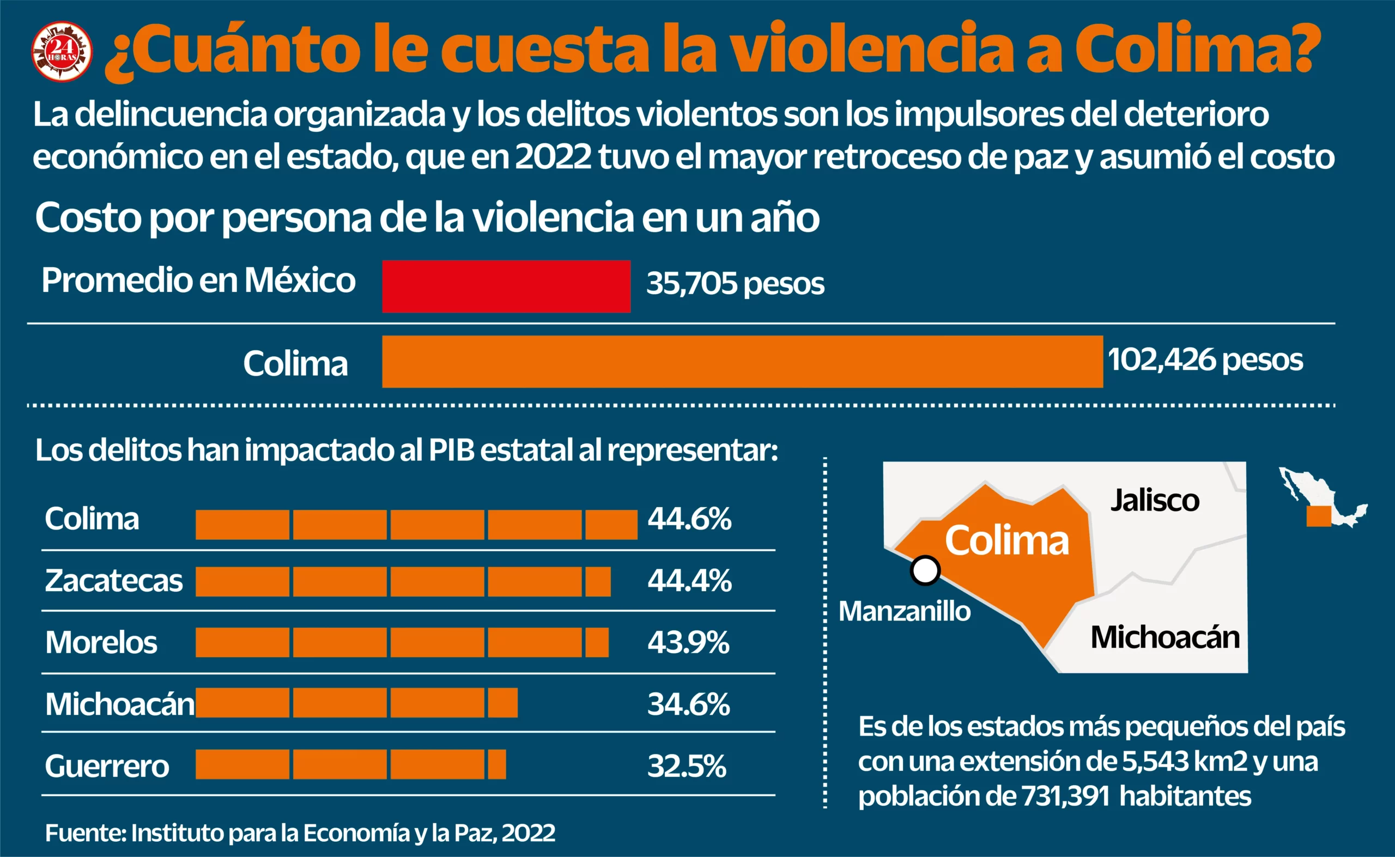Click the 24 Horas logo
[x=61, y=52]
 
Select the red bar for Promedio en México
[x=506, y=286]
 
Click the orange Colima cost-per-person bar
[x=742, y=362]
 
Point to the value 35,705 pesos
[x=735, y=283]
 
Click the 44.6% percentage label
[x=689, y=519]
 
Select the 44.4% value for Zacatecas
[x=689, y=581]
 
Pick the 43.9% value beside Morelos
[x=688, y=643]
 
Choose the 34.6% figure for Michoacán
[x=688, y=704]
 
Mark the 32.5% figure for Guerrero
[x=686, y=767]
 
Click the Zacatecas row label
[x=113, y=581]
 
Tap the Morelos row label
[x=101, y=643]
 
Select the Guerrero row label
[x=107, y=767]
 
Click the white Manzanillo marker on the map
[x=925, y=570]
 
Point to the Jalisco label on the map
[x=1155, y=501]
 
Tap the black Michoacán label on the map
[x=1165, y=637]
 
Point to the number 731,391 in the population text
[x=1065, y=797]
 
